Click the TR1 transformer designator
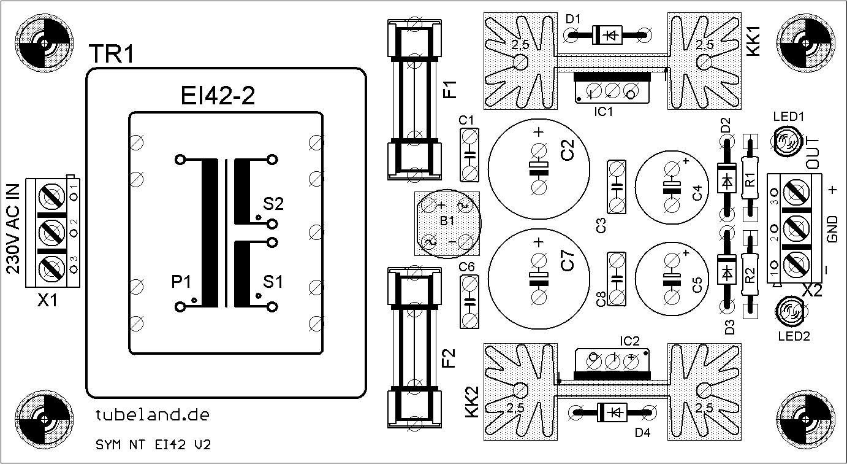[x=112, y=54]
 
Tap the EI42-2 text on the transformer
[x=218, y=96]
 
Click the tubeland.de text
[x=152, y=415]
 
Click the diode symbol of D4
[x=612, y=412]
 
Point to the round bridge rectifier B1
[x=447, y=223]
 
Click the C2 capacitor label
[x=568, y=150]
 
